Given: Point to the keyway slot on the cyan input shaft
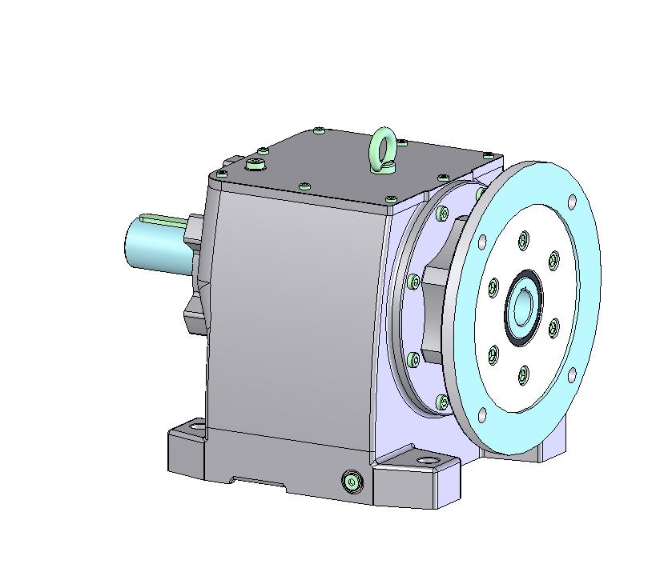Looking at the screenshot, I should pos(164,218).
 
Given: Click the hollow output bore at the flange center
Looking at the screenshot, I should pos(523,307).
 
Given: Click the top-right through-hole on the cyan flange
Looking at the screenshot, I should pos(571,202).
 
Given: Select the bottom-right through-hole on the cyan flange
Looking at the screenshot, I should pos(571,374).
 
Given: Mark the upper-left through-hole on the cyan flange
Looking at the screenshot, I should pos(482,239).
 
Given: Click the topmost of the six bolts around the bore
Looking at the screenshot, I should pos(524,238).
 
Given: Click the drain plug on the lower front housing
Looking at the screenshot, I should pos(351,481).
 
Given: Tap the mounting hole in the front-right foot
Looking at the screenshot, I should pos(425,462).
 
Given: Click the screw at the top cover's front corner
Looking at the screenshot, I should pos(391,198).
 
